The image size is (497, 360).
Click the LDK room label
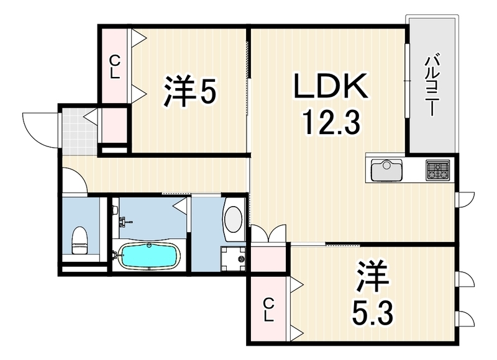coord(331,86)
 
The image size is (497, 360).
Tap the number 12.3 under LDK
coord(331,122)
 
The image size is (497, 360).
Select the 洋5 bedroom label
coord(190,90)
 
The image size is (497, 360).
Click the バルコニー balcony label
coord(430,86)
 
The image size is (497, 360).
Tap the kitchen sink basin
coord(386,170)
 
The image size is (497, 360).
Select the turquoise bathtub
coord(148,255)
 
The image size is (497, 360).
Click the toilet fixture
coord(80,240)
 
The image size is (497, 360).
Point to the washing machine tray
coord(232,259)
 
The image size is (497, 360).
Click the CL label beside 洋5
coord(115,67)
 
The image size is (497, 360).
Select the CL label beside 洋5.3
coord(269,310)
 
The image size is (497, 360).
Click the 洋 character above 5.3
coord(373,277)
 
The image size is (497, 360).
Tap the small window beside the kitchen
coord(465,199)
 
